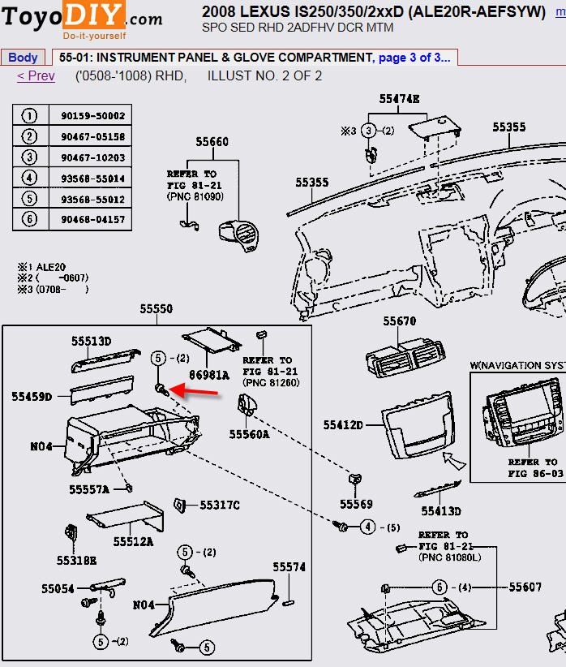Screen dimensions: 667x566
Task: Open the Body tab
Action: pos(23,58)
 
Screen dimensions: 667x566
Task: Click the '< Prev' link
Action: pos(36,76)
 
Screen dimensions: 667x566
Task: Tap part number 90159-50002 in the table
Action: pos(92,116)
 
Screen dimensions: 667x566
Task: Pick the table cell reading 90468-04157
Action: pos(92,219)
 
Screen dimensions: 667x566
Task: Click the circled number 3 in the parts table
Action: pos(29,157)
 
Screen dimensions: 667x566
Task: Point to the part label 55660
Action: pos(212,142)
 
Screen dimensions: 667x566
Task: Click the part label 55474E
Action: pos(399,99)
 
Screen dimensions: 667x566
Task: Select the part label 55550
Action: pos(156,309)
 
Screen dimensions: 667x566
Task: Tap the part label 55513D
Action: pos(90,342)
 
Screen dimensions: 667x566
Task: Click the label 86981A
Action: pos(209,376)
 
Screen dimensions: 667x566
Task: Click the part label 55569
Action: pos(356,504)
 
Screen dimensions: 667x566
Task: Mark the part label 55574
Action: pos(289,567)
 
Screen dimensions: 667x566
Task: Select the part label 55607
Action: pos(525,587)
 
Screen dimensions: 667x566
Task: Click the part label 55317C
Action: pos(219,506)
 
